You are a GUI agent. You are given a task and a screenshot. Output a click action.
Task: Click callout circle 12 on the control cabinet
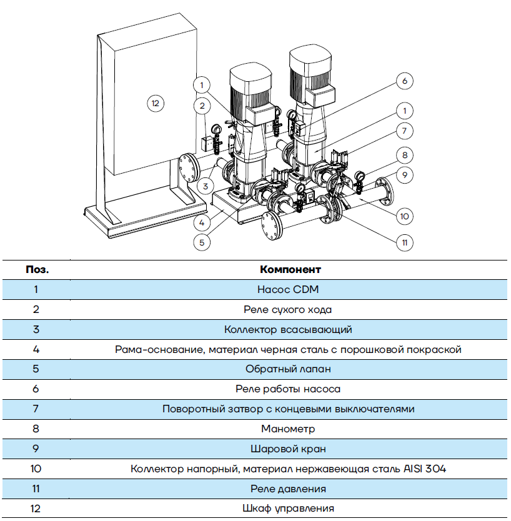point(156,103)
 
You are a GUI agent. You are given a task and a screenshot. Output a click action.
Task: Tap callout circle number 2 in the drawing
point(201,106)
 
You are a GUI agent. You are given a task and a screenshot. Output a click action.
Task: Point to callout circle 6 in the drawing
point(404,81)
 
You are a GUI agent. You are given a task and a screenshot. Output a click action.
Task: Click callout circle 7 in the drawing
point(405,131)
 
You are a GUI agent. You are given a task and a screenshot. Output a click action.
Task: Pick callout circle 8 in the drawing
point(405,154)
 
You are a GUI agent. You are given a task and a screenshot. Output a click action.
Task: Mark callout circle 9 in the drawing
point(405,176)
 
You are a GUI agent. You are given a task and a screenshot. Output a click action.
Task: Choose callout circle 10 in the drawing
point(405,216)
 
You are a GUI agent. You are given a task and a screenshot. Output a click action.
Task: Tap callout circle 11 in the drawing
point(405,242)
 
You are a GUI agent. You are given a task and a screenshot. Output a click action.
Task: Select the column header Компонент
point(290,270)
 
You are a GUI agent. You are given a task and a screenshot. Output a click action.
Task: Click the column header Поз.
point(37,270)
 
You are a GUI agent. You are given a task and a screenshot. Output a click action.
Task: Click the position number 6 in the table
point(36,389)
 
